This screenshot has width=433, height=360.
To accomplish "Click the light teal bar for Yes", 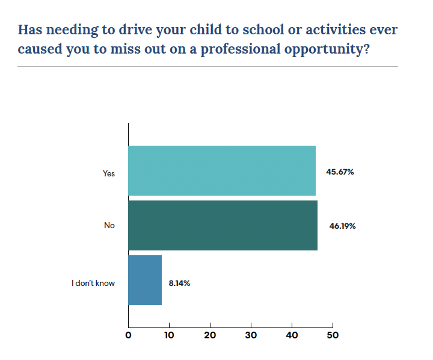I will point(222,171).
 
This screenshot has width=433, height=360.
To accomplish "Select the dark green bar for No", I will point(223,225).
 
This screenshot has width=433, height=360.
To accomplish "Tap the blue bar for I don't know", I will point(145,280).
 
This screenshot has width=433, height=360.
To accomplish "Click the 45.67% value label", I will point(340,172).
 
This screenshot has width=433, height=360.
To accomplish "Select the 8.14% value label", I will point(179,282).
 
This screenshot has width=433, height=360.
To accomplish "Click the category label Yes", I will point(108,173).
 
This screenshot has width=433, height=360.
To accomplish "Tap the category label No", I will point(109,226).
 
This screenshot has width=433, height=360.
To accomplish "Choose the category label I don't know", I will point(93,282).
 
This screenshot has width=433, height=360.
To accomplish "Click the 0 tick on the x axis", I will point(128,335).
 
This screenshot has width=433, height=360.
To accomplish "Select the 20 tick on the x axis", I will point(210,335).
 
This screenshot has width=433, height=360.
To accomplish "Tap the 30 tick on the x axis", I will point(251,335).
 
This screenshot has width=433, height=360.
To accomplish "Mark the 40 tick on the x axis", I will point(292,335).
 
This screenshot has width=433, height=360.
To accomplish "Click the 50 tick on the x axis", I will point(332,335).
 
